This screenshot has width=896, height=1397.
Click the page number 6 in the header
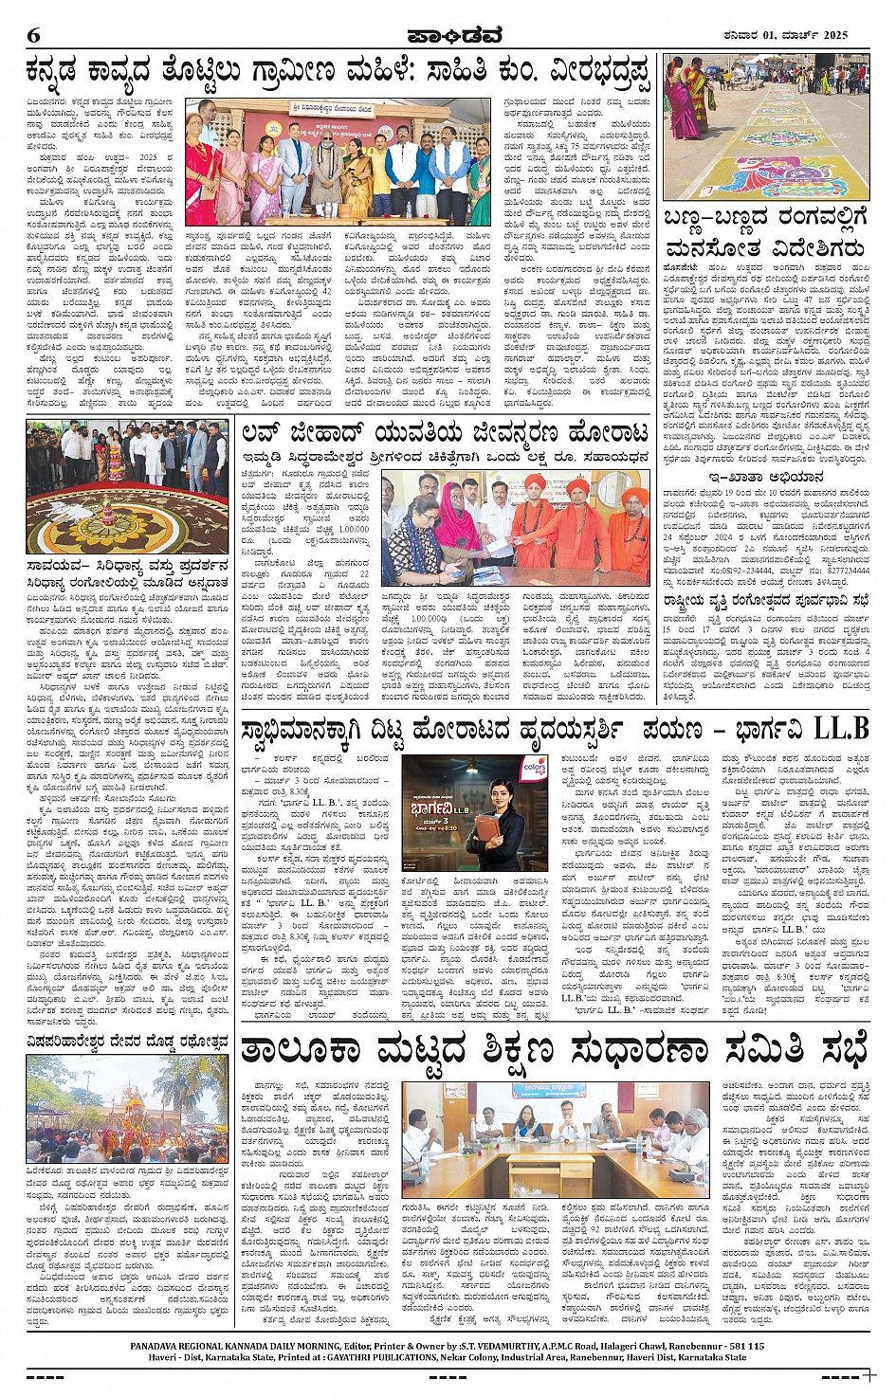(x=34, y=35)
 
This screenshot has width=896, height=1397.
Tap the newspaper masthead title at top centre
(x=448, y=35)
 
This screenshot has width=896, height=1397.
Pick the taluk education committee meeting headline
(x=553, y=1050)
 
